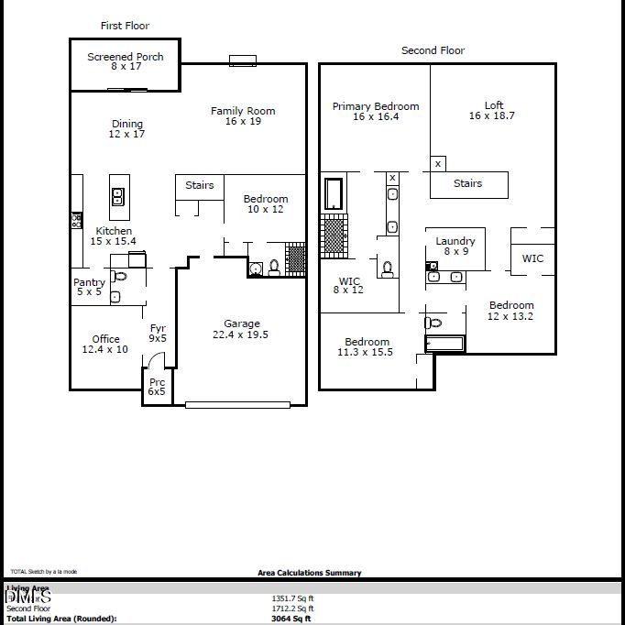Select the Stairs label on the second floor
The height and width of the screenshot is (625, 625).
pyautogui.click(x=468, y=183)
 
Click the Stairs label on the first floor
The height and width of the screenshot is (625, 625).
pyautogui.click(x=200, y=185)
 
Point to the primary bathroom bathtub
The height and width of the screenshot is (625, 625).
pyautogui.click(x=333, y=193)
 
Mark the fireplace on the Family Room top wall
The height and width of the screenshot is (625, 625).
pyautogui.click(x=243, y=61)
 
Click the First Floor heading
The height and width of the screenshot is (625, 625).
pyautogui.click(x=125, y=26)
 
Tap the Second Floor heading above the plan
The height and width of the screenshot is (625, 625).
pyautogui.click(x=433, y=50)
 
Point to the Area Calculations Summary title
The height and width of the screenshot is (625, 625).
pyautogui.click(x=309, y=573)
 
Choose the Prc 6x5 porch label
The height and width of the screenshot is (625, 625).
pyautogui.click(x=157, y=387)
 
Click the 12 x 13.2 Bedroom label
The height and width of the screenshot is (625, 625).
pyautogui.click(x=510, y=312)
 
